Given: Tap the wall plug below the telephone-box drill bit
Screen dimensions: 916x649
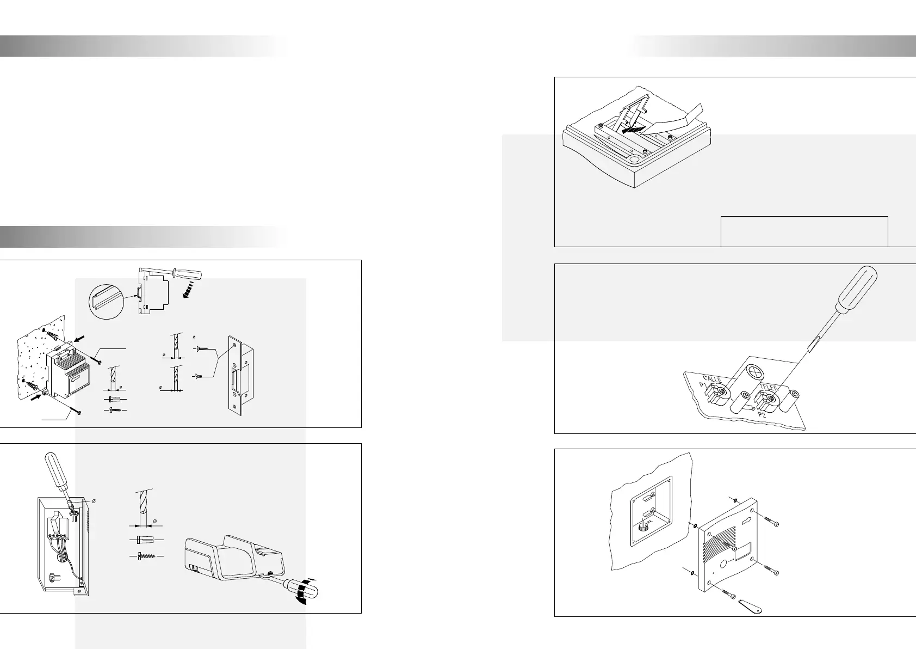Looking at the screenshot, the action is click(x=145, y=539).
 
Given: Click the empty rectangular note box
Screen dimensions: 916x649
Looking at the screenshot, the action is click(x=804, y=231).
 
